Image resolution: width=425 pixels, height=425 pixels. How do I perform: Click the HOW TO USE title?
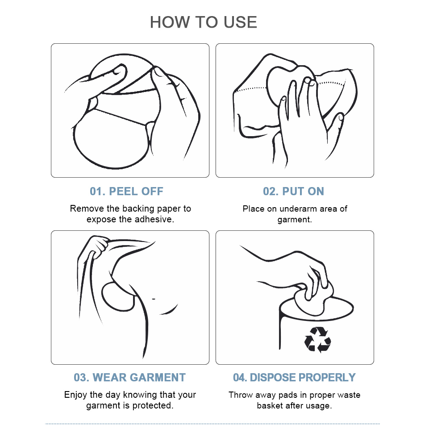pos(203,22)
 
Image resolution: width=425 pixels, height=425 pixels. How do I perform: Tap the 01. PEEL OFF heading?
pos(127,192)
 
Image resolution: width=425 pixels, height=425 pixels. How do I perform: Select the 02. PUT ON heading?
pos(294,192)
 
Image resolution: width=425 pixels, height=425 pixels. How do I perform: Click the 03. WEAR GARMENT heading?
pos(129,378)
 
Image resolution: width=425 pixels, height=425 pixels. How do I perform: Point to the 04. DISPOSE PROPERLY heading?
pos(294,378)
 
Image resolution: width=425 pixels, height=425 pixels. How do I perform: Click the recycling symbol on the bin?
pos(318,340)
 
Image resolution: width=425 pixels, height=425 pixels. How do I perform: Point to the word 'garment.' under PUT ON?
pos(295,220)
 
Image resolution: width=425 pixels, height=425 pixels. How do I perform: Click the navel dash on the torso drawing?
pos(154,299)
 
